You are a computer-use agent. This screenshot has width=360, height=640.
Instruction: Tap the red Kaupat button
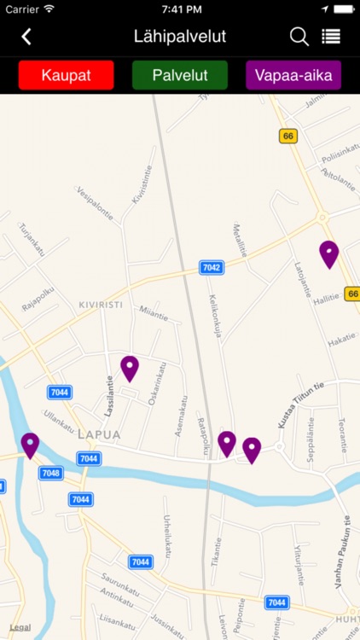67,75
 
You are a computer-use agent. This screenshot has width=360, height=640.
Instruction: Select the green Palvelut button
180,75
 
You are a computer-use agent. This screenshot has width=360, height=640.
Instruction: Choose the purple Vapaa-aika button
293,75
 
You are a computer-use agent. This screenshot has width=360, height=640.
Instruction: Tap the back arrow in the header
26,37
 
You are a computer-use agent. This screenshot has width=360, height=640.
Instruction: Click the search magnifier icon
299,37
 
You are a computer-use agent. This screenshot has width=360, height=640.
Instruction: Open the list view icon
331,37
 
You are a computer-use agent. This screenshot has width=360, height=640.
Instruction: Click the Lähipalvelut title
180,37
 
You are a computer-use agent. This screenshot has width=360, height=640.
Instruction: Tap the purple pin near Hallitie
328,253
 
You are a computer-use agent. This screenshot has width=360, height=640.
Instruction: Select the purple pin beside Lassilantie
130,368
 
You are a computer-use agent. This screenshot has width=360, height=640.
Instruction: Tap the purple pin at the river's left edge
30,444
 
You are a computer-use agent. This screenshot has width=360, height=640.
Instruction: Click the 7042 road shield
212,268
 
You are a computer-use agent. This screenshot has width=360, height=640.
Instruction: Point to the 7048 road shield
50,473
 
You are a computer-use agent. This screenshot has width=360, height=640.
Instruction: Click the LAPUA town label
99,434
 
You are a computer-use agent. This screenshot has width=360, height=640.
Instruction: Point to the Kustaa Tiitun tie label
301,405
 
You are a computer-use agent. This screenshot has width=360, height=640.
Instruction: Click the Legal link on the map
20,627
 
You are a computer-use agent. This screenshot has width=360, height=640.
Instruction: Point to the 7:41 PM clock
180,9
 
